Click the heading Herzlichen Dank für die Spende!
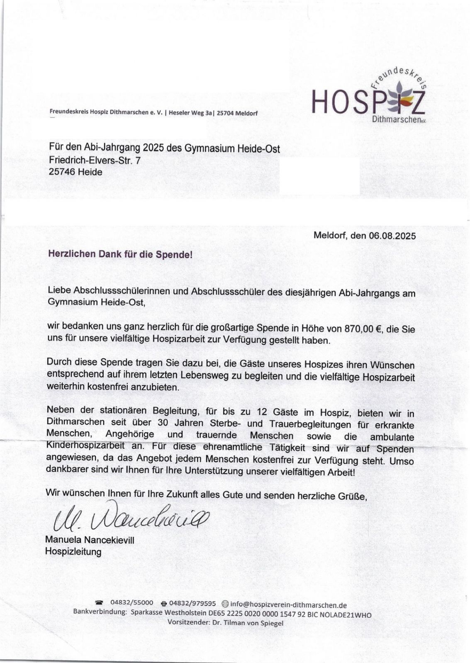tap(120, 254)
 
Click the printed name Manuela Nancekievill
tap(90, 540)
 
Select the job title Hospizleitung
tap(73, 552)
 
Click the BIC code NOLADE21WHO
tap(346, 615)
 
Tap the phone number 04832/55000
tap(132, 603)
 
